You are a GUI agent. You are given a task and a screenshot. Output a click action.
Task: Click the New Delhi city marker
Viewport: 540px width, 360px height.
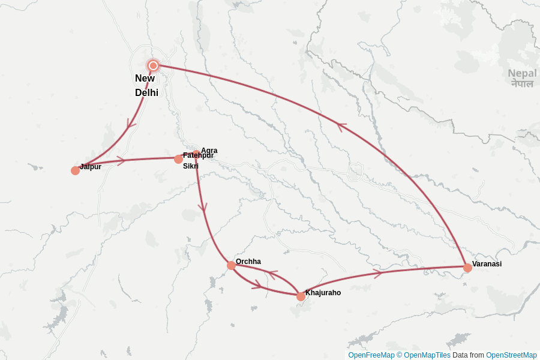[153, 65]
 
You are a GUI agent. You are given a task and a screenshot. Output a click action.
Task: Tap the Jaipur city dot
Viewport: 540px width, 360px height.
[75, 170]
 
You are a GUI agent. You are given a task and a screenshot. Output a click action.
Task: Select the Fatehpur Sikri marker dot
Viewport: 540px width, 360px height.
[178, 159]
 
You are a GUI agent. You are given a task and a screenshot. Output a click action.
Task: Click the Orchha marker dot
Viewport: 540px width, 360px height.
[231, 265]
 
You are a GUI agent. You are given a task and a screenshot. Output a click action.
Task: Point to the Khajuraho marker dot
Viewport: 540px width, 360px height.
[301, 296]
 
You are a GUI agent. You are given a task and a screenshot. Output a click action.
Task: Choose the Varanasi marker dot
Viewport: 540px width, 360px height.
[467, 268]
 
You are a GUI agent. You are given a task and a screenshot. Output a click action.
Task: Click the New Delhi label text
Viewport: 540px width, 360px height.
[145, 85]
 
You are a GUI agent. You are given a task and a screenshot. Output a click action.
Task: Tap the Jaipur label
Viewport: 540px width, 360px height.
[91, 167]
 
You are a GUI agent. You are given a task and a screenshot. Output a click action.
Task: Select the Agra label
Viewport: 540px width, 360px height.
[209, 151]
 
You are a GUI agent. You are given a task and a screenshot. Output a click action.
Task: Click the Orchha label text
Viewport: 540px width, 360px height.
[248, 262]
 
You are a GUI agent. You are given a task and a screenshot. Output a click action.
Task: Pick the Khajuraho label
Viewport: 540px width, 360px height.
[323, 293]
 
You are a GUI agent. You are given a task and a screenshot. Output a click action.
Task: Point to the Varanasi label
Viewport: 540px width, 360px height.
[487, 264]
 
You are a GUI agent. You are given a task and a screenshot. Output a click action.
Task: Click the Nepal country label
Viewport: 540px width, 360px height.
[522, 78]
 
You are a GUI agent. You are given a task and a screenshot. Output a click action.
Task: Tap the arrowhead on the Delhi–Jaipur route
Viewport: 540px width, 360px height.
[130, 124]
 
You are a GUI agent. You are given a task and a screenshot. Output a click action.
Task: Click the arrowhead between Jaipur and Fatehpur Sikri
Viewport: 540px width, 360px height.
[121, 160]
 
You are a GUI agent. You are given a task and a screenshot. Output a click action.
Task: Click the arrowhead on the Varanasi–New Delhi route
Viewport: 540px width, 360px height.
[341, 127]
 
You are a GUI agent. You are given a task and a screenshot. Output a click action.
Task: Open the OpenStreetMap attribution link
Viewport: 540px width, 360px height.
[511, 355]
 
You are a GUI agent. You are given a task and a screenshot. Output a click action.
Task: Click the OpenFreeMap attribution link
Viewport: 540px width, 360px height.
[371, 355]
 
